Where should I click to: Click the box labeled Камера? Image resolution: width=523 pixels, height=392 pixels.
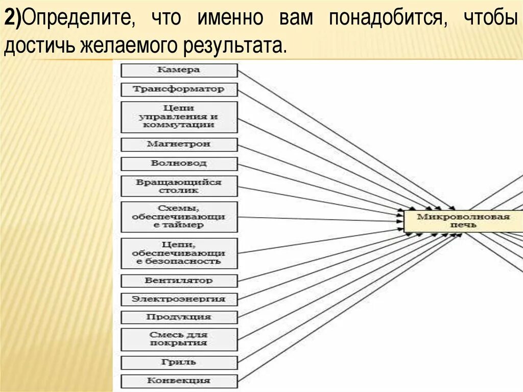coord(179,70)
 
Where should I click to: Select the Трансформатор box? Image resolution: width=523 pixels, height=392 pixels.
coord(179,89)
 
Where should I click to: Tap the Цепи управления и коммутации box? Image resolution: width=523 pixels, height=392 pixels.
coord(179,117)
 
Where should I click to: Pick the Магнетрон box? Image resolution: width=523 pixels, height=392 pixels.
coord(179,145)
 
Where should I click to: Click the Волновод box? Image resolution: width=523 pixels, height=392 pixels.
coord(179,164)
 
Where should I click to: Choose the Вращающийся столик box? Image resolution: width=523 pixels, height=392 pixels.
coord(179,186)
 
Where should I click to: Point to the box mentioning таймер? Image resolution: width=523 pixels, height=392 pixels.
coord(179,217)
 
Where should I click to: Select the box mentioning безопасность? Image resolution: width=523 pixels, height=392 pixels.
coord(179,253)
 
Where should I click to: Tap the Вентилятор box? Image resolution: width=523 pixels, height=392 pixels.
coord(179,281)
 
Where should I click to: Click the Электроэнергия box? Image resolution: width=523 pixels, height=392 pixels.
coord(179,299)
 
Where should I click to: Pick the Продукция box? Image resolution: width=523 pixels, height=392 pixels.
coord(179,317)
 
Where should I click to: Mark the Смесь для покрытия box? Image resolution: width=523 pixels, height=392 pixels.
coord(179,339)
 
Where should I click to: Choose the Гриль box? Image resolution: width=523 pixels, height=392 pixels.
coord(179,362)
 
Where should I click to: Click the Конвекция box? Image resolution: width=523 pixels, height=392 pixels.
coord(179,381)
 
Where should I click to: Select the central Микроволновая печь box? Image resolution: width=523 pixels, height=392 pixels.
coord(463,221)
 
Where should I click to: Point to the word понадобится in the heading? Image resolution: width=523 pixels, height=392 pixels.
coord(388,19)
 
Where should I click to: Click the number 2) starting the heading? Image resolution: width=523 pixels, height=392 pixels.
coord(13,19)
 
